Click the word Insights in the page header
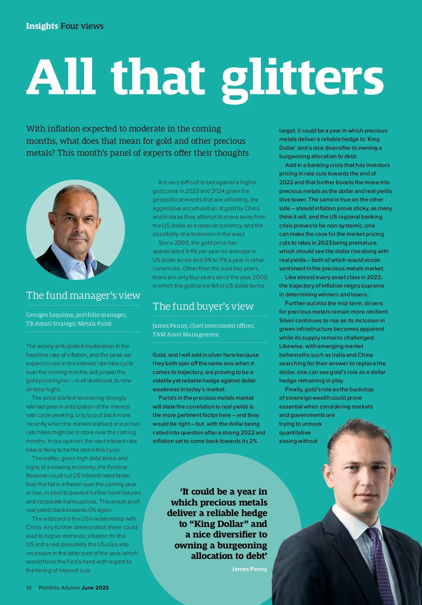(42, 26)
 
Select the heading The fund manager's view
(83, 295)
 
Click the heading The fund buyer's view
(203, 306)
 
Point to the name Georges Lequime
(49, 315)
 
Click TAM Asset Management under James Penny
(186, 334)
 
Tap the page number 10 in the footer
(29, 587)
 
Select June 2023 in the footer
(95, 587)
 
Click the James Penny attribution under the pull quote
(249, 569)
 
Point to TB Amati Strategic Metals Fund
(69, 323)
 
